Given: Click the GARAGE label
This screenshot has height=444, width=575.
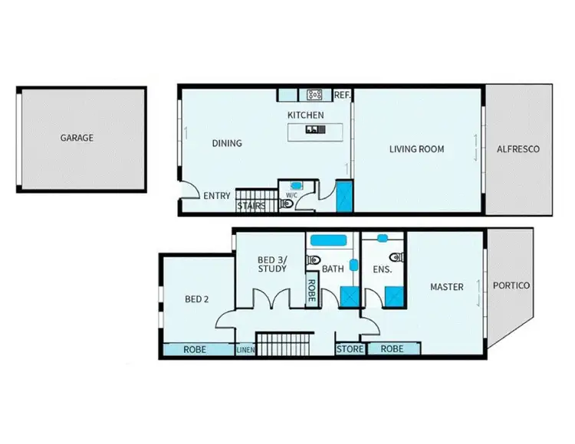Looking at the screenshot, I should coord(77,138).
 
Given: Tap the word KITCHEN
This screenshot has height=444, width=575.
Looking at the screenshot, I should coord(305,115).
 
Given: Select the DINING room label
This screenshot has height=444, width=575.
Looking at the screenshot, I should coord(226,143).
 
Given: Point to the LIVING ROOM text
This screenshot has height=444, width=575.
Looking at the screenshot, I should coord(416,149).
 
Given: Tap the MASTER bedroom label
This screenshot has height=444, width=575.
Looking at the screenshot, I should coord(446,287).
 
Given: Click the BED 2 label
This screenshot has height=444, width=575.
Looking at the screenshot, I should coord(197,299).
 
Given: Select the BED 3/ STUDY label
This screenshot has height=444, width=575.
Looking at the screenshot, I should coord(272,264).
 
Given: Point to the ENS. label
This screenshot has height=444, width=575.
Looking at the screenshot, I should coord(383,269).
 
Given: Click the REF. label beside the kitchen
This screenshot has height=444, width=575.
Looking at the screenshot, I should coord(342,95).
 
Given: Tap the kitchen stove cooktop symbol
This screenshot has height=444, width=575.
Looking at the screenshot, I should coord(314,95).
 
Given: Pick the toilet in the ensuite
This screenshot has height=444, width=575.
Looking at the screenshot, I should coord(395,257).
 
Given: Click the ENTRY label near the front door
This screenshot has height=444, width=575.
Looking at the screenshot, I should coord(217,196).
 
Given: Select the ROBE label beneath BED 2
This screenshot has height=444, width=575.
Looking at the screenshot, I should coord(195,349).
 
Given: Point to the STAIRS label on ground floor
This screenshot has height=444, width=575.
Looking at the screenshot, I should coord(251,205).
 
